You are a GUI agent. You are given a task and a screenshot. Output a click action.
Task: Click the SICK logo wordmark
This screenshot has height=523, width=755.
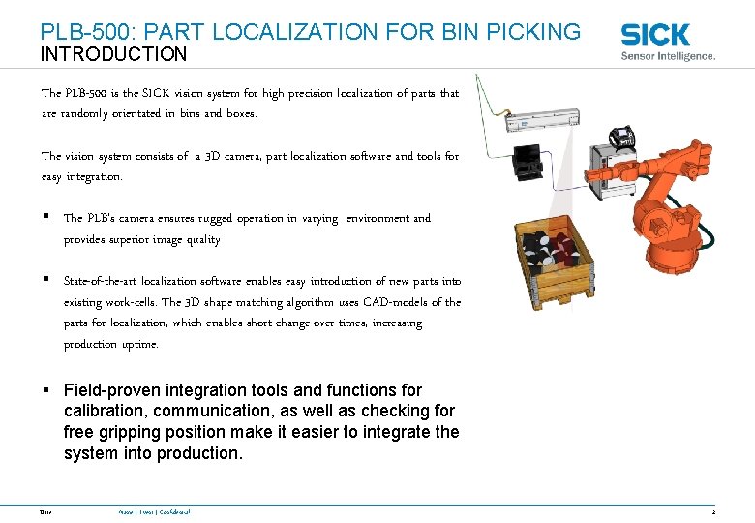coord(655,35)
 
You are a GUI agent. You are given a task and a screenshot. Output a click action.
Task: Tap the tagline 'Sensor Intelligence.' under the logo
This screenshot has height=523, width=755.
coord(668,56)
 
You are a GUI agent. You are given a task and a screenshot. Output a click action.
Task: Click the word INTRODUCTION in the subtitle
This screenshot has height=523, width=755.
coord(113,55)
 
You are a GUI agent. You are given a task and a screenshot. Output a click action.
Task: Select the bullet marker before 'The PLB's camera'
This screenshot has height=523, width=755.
coord(45,218)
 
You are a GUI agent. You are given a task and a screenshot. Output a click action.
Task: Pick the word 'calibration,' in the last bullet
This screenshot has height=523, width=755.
coord(105,411)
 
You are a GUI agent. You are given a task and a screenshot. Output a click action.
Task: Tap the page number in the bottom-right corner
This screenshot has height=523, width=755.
coord(712,511)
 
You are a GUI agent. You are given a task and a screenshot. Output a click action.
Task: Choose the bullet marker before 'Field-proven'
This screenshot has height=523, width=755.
coord(45,390)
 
